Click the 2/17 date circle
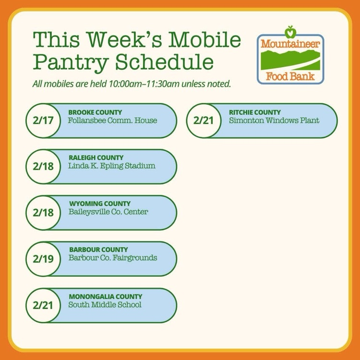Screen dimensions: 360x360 43,121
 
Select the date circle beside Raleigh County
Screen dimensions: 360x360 43,167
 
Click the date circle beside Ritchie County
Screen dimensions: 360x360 204,121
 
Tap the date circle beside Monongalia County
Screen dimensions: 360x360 43,305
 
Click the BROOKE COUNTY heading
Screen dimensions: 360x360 95,112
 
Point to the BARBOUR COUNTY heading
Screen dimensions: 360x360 98,250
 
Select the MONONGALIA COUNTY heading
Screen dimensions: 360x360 106,296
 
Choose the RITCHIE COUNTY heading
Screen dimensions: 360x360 255,112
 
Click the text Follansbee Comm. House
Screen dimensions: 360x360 112,120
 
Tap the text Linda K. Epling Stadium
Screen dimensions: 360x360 112,167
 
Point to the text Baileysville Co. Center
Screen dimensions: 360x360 108,212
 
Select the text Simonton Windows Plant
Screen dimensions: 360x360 274,120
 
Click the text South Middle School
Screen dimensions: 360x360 105,305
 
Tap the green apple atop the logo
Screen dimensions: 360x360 290,32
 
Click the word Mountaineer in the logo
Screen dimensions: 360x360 290,44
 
